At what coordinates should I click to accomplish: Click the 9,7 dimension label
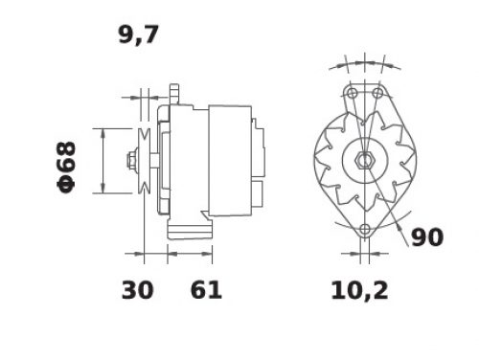(138, 35)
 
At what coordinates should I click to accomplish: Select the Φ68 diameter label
(66, 168)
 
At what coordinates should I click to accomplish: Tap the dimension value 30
(138, 290)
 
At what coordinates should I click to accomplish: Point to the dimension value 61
(206, 290)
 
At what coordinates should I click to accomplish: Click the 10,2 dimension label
(359, 291)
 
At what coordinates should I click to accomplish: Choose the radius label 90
(427, 237)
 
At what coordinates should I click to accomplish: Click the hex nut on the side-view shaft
(131, 161)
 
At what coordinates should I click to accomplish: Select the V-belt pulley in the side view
(145, 161)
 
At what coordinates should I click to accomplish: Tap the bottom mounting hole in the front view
(365, 229)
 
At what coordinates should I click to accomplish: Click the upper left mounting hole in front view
(353, 93)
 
